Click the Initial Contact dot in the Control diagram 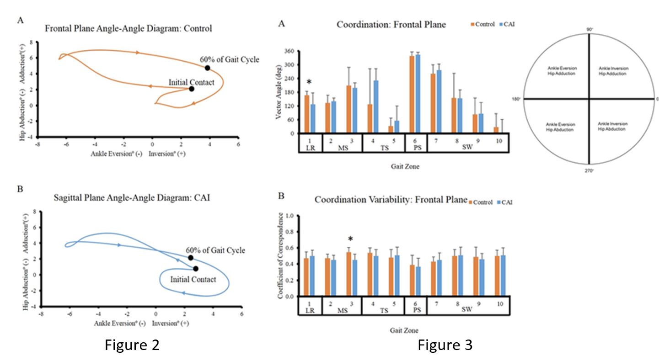[x=192, y=89]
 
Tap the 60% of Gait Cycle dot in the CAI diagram [x=191, y=258]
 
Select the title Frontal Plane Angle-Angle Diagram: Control [x=129, y=29]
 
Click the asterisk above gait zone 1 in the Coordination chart [x=309, y=82]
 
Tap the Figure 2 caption [x=132, y=345]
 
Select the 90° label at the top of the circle [x=590, y=30]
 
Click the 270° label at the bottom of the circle [x=589, y=170]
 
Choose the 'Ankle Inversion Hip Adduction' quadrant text [x=613, y=71]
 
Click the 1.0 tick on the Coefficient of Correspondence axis [x=289, y=215]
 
